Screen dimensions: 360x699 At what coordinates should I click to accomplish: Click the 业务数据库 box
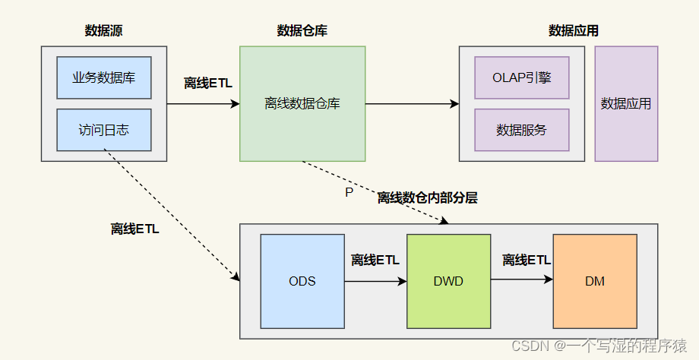pos(104,77)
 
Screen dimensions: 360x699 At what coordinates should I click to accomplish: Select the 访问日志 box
pos(104,130)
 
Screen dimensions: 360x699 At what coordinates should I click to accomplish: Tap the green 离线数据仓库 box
pos(302,103)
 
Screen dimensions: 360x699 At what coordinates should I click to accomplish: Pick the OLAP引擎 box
pos(521,77)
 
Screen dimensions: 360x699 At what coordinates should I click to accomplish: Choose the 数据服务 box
pos(521,130)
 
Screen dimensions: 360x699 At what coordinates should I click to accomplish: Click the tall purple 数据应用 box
pos(626,103)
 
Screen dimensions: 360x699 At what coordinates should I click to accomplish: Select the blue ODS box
pos(302,281)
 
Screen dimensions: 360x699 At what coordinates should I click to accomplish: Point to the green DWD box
pos(448,281)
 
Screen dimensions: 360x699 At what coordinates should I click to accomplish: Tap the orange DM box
pos(595,281)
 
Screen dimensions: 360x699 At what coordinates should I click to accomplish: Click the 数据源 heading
pos(104,31)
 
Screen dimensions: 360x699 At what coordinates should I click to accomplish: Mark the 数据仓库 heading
pos(302,31)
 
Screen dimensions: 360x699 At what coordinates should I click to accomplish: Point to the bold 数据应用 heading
pos(574,31)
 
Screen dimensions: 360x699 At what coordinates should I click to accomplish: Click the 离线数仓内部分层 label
pos(428,197)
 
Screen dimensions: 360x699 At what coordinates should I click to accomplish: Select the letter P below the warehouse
pos(349,193)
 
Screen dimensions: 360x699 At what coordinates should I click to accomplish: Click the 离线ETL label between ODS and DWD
pos(375,261)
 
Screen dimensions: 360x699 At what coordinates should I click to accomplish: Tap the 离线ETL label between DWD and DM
pos(527,261)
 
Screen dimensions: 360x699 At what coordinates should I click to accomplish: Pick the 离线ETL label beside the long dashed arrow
pos(135,229)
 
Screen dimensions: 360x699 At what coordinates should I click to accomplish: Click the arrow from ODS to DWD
pos(375,281)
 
